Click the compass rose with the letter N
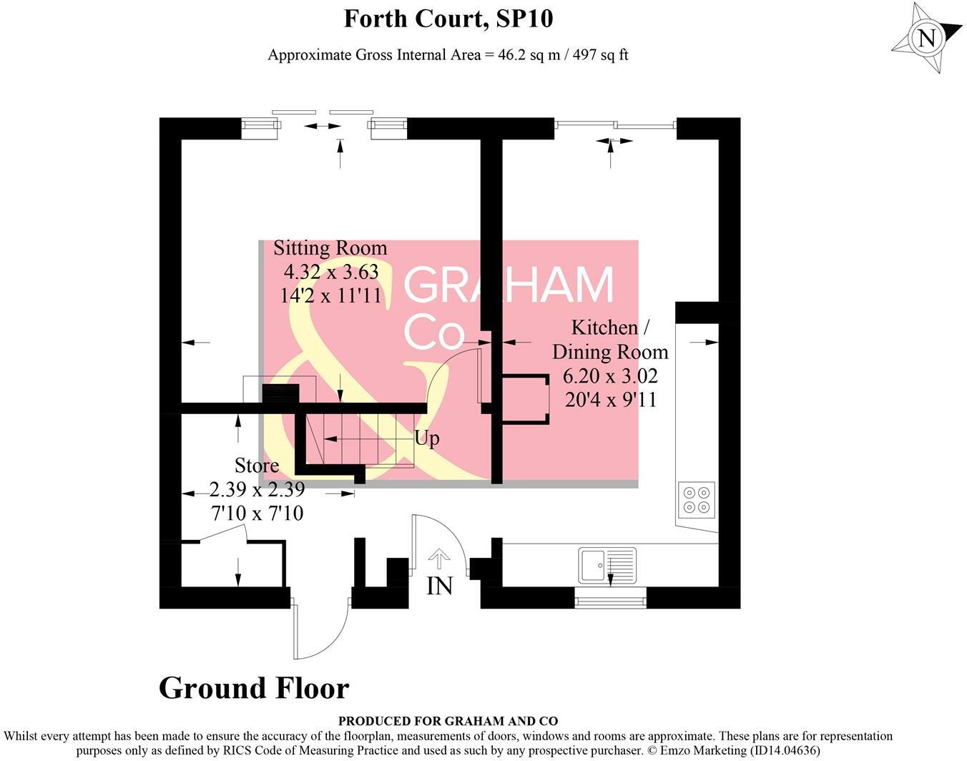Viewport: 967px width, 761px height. point(927,38)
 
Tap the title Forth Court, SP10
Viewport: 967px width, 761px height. point(448,18)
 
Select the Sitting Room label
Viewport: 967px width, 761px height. point(330,248)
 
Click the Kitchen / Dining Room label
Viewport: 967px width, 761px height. point(610,339)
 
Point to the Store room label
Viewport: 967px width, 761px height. point(257,466)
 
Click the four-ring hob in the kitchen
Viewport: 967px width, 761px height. point(697,499)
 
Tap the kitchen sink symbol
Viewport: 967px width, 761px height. point(607,565)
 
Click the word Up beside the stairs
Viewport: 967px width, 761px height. point(427,438)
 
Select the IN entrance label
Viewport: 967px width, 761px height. point(439,586)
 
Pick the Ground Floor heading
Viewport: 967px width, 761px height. point(254,688)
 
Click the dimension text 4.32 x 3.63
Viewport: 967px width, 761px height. point(331,272)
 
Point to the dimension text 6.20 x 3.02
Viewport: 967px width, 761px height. point(610,375)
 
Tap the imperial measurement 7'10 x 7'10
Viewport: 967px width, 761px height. point(257,513)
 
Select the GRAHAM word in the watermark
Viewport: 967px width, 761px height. point(509,285)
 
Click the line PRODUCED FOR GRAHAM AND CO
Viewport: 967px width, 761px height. point(448,721)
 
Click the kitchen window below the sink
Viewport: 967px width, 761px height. point(610,599)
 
